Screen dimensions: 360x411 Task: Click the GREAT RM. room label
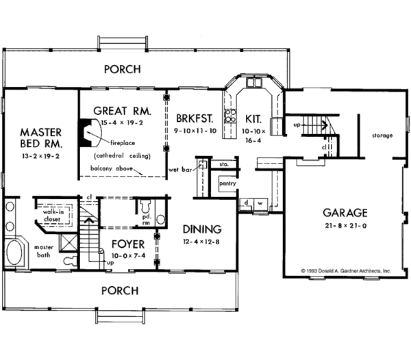pyautogui.click(x=121, y=110)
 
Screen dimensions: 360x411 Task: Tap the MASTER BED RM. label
pyautogui.click(x=41, y=138)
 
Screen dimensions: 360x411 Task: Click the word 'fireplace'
pyautogui.click(x=123, y=144)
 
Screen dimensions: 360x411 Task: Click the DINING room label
pyautogui.click(x=201, y=229)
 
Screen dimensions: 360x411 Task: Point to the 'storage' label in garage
pyautogui.click(x=382, y=136)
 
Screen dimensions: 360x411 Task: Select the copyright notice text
pyautogui.click(x=345, y=272)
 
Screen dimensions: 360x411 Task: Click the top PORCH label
pyautogui.click(x=122, y=69)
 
